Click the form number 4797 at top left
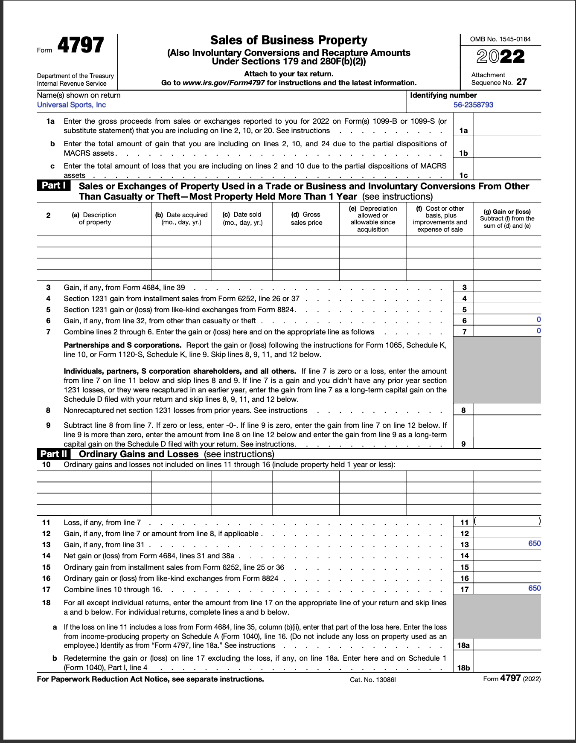[80, 45]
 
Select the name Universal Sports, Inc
[71, 105]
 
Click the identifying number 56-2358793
[473, 105]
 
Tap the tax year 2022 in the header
[500, 57]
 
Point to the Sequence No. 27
[521, 82]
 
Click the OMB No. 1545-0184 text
[500, 39]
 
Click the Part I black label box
[54, 186]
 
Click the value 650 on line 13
[534, 543]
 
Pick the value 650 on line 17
[534, 588]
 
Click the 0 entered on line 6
[538, 319]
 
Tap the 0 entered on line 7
[538, 331]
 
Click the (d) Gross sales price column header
[306, 218]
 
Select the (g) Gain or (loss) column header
[507, 218]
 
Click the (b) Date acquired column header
[181, 218]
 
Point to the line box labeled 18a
[463, 645]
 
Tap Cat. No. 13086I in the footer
[372, 679]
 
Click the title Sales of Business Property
[288, 40]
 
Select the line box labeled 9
[463, 444]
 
